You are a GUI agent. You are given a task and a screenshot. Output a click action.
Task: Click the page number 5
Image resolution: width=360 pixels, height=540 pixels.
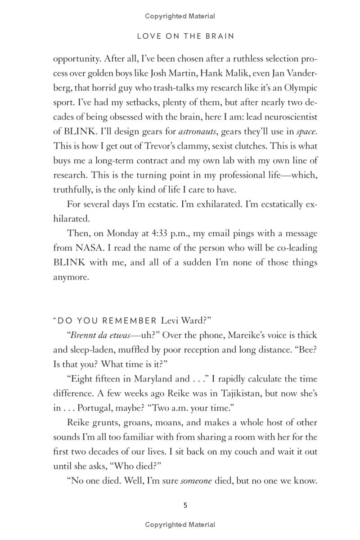(x=185, y=505)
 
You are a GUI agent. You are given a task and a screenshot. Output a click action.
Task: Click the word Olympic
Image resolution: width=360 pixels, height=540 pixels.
(x=300, y=88)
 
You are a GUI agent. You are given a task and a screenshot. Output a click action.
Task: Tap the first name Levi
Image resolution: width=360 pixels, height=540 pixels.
(x=170, y=320)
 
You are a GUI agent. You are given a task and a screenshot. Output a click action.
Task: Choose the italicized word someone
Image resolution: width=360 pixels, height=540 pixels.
(x=196, y=481)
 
